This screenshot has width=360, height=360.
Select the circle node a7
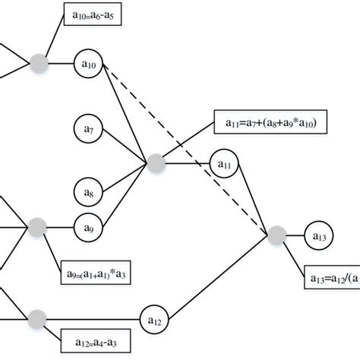point(88,131)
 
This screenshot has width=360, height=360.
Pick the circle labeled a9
point(88,226)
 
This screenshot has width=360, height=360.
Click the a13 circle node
point(319,237)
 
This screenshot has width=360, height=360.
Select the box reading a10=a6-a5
point(91,15)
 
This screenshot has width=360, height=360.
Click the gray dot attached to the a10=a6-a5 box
point(40,63)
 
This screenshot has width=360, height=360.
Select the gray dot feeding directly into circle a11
point(156,163)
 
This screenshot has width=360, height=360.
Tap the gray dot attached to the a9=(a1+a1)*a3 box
point(37,226)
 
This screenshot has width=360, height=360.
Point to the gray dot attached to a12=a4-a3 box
point(37,317)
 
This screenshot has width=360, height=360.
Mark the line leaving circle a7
point(125,147)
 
